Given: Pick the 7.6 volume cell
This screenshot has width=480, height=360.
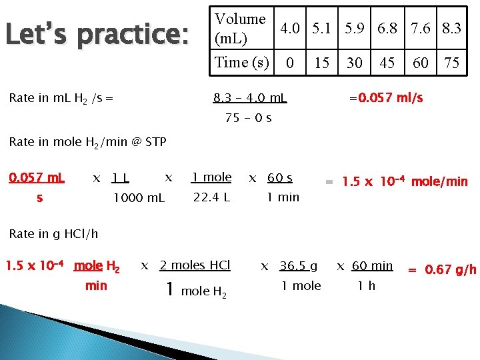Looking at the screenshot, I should click(421, 28).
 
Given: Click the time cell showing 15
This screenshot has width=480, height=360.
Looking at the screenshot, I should click(322, 63).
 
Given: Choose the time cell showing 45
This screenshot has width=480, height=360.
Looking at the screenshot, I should click(387, 63).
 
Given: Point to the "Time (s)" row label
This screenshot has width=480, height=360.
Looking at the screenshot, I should click(241, 63).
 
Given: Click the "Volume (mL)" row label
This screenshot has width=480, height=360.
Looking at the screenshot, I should click(239, 28).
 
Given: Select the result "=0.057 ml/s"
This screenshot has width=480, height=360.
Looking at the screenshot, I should click(386, 99).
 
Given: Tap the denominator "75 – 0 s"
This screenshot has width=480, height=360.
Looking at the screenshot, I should click(249, 118).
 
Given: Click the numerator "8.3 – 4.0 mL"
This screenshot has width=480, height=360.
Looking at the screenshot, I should click(249, 99).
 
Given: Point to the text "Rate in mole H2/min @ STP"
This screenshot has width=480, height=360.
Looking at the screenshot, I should click(87, 141).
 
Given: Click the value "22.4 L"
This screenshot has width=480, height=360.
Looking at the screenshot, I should click(211, 197).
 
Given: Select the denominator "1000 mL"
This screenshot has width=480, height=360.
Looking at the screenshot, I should click(139, 197).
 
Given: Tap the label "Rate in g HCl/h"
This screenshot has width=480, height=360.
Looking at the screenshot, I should click(53, 233).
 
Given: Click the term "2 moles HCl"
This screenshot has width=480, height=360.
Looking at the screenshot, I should click(195, 265).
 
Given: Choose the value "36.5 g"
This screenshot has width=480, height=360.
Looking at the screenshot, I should click(299, 266).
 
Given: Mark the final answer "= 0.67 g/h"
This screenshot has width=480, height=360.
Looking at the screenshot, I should click(442, 269).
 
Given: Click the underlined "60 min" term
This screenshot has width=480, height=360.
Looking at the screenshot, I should click(372, 266).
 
